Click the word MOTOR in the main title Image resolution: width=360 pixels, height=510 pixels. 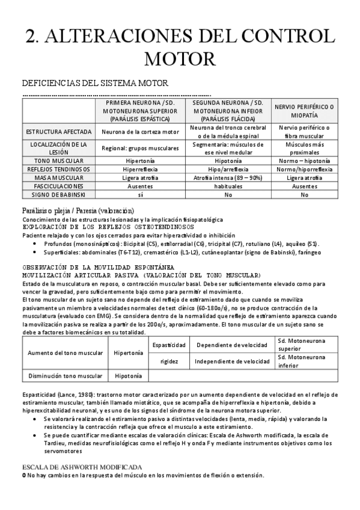(180, 59)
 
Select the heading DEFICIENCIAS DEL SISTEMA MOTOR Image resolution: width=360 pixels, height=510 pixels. (94, 82)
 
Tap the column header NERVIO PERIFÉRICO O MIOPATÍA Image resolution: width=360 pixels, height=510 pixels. (304, 111)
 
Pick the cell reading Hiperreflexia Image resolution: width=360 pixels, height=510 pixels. (140, 170)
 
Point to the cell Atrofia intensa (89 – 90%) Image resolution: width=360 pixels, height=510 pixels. (232, 178)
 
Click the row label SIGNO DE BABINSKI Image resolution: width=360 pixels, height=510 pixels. (58, 195)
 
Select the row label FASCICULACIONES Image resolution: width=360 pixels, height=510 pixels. (58, 186)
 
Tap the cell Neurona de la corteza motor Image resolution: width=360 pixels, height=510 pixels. (140, 132)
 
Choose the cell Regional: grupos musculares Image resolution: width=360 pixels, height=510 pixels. (140, 148)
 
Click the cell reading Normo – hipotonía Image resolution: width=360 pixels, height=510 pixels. (304, 161)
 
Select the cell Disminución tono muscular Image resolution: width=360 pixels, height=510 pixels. (65, 376)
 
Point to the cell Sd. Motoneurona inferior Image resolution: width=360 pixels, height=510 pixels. (304, 361)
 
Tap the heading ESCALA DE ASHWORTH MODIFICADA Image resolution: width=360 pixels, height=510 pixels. (82, 467)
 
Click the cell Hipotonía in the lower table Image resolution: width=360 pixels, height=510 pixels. (127, 376)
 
